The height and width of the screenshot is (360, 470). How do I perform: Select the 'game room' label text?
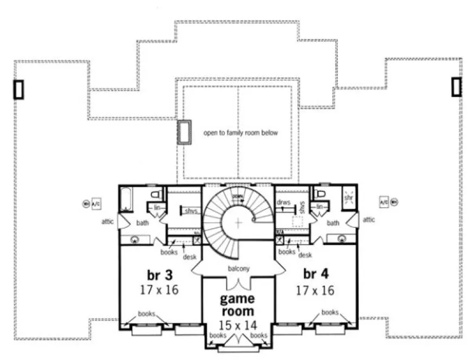point(237,305)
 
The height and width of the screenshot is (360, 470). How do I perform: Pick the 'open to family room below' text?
point(240,132)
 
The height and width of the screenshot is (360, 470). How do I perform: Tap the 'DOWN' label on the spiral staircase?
point(237,196)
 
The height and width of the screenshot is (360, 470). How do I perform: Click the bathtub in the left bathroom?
point(125,200)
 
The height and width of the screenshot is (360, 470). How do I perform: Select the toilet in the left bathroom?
point(155,195)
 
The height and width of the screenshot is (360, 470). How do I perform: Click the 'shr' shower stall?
point(348,198)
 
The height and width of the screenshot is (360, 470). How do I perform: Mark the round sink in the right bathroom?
point(342,239)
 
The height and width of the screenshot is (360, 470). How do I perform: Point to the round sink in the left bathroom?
point(134,239)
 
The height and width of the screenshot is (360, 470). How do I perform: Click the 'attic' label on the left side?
point(107,221)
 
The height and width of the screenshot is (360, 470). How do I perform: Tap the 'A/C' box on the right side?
point(384,202)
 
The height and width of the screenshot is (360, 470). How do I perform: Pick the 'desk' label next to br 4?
point(306,255)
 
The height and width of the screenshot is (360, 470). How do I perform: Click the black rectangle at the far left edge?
point(18,89)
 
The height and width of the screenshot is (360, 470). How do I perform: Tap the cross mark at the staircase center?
point(238,221)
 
